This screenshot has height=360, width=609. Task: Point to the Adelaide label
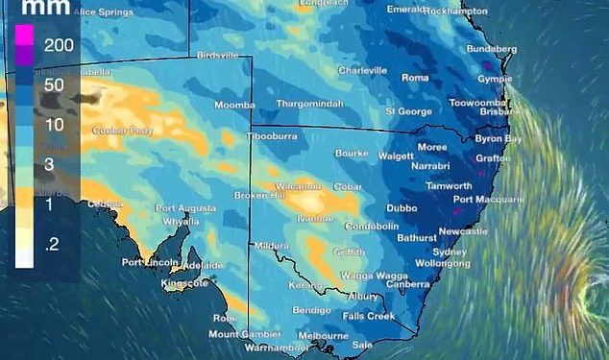coord(203,266)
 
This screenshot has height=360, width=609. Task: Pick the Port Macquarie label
coord(489,200)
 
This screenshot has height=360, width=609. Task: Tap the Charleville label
coord(362,70)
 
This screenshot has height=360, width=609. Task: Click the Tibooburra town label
coord(274,136)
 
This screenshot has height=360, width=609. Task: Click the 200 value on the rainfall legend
coord(60,44)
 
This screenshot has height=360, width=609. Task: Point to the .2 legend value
coord(53,245)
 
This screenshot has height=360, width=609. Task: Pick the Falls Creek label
coord(369,316)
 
